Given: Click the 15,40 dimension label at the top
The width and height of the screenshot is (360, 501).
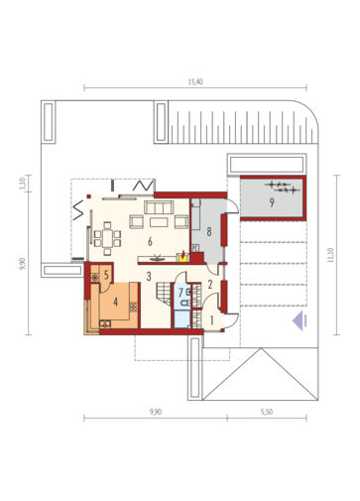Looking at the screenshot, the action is (x=195, y=81).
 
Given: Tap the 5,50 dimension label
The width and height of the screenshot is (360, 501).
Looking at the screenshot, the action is (x=267, y=412).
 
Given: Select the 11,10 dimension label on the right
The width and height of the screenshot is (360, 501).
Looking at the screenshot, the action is (x=331, y=255).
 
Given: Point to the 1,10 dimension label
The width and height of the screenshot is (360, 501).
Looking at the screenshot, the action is (x=22, y=184).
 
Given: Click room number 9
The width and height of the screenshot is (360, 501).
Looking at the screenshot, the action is (x=272, y=202).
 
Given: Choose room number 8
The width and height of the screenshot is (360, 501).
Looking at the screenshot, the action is (x=209, y=232).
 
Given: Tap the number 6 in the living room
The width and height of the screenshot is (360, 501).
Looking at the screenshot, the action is (x=150, y=242).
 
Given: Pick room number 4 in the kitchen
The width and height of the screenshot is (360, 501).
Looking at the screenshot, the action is (x=115, y=302).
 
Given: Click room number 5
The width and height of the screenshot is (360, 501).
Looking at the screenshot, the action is (x=106, y=275).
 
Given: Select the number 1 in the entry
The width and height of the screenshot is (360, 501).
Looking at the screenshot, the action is (x=211, y=320).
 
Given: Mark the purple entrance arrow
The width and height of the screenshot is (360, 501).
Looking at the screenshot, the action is (x=300, y=320).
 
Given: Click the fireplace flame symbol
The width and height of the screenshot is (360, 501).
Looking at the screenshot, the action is (x=182, y=256).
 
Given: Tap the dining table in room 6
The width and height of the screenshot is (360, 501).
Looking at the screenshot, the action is (x=107, y=238).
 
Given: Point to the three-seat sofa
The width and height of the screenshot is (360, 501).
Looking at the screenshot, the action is (x=159, y=207).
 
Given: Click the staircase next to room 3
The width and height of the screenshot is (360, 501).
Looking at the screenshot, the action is (x=164, y=294).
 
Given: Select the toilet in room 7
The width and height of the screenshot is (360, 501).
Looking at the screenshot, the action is (x=185, y=303).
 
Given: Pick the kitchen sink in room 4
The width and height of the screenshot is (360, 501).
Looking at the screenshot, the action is (x=105, y=323).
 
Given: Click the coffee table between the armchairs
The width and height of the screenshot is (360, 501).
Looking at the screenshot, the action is (x=159, y=222).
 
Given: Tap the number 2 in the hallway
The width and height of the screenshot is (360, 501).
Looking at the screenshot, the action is (x=210, y=285).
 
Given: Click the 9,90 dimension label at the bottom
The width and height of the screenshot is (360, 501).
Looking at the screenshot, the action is (x=156, y=412).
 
